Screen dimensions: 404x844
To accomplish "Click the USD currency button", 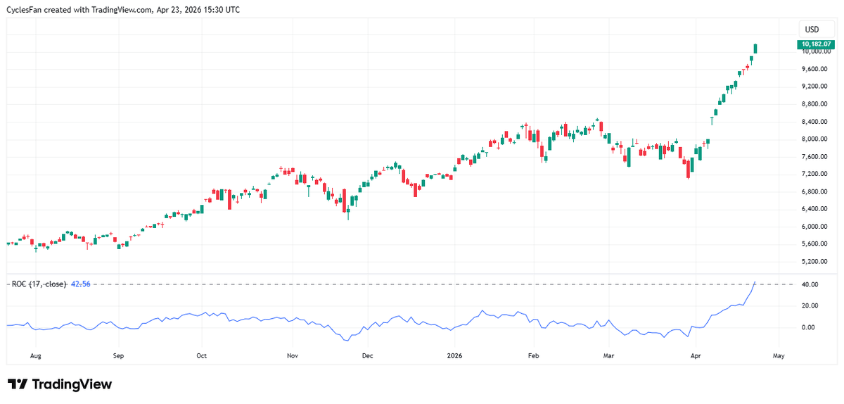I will click(812, 30).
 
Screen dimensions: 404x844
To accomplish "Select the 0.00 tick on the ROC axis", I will click(809, 328).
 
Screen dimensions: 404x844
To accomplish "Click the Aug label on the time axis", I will click(35, 356).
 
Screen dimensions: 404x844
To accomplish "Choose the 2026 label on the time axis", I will click(454, 356).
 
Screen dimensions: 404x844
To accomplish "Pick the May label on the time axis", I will click(778, 356).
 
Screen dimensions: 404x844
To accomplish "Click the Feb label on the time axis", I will click(533, 356).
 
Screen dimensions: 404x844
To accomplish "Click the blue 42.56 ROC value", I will click(81, 284).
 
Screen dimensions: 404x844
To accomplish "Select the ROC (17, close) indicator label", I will click(39, 284).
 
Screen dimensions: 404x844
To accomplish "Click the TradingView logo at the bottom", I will click(60, 384).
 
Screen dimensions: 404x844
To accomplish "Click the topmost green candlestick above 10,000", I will click(756, 48).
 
